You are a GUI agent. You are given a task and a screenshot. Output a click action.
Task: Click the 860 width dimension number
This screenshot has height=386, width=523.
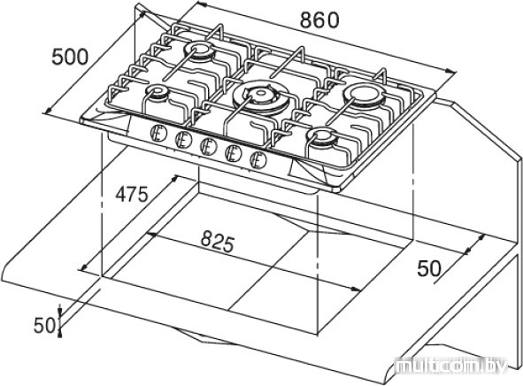[319, 20]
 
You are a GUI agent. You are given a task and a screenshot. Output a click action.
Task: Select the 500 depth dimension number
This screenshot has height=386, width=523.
[70, 57]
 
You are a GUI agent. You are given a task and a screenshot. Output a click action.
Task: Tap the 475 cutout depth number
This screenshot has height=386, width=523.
[132, 194]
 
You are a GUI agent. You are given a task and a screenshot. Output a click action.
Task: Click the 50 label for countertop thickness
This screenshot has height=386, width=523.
[44, 325]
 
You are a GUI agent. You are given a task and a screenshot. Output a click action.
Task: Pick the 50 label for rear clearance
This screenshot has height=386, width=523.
[429, 268]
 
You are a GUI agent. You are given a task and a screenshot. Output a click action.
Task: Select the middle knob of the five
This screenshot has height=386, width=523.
[209, 147]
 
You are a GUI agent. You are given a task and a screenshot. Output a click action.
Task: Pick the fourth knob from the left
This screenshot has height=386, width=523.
[233, 153]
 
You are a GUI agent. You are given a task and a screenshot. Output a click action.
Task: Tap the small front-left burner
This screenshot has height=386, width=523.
[157, 92]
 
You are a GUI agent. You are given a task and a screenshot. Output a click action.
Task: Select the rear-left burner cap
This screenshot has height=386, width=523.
[199, 50]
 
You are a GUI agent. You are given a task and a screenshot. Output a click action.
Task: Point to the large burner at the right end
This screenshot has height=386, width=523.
[365, 95]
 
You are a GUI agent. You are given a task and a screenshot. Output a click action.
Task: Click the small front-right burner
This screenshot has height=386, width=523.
[322, 136]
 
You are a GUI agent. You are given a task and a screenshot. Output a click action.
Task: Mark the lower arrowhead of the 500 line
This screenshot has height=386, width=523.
[48, 110]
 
